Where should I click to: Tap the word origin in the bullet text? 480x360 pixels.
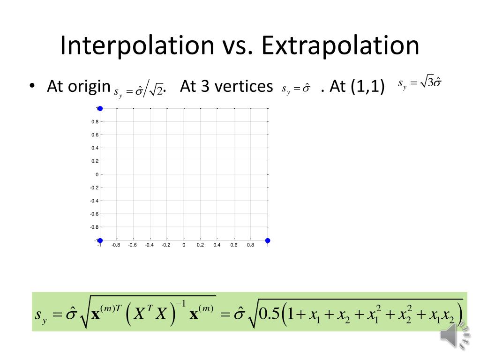(91, 87)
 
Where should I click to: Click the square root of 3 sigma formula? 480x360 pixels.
(420, 84)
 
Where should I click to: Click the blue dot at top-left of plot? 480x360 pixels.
(100, 108)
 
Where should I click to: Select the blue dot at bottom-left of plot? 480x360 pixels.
(100, 240)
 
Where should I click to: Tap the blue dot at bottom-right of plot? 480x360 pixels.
(268, 240)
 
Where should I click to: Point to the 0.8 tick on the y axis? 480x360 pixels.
(95, 122)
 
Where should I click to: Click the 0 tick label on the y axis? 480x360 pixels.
(97, 174)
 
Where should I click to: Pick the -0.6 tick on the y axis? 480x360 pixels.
(94, 214)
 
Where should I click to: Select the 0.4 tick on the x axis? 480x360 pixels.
(217, 245)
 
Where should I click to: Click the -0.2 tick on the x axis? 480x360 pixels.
(166, 245)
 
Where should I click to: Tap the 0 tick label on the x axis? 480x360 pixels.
(184, 245)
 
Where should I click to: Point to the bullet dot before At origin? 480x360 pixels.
(31, 87)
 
